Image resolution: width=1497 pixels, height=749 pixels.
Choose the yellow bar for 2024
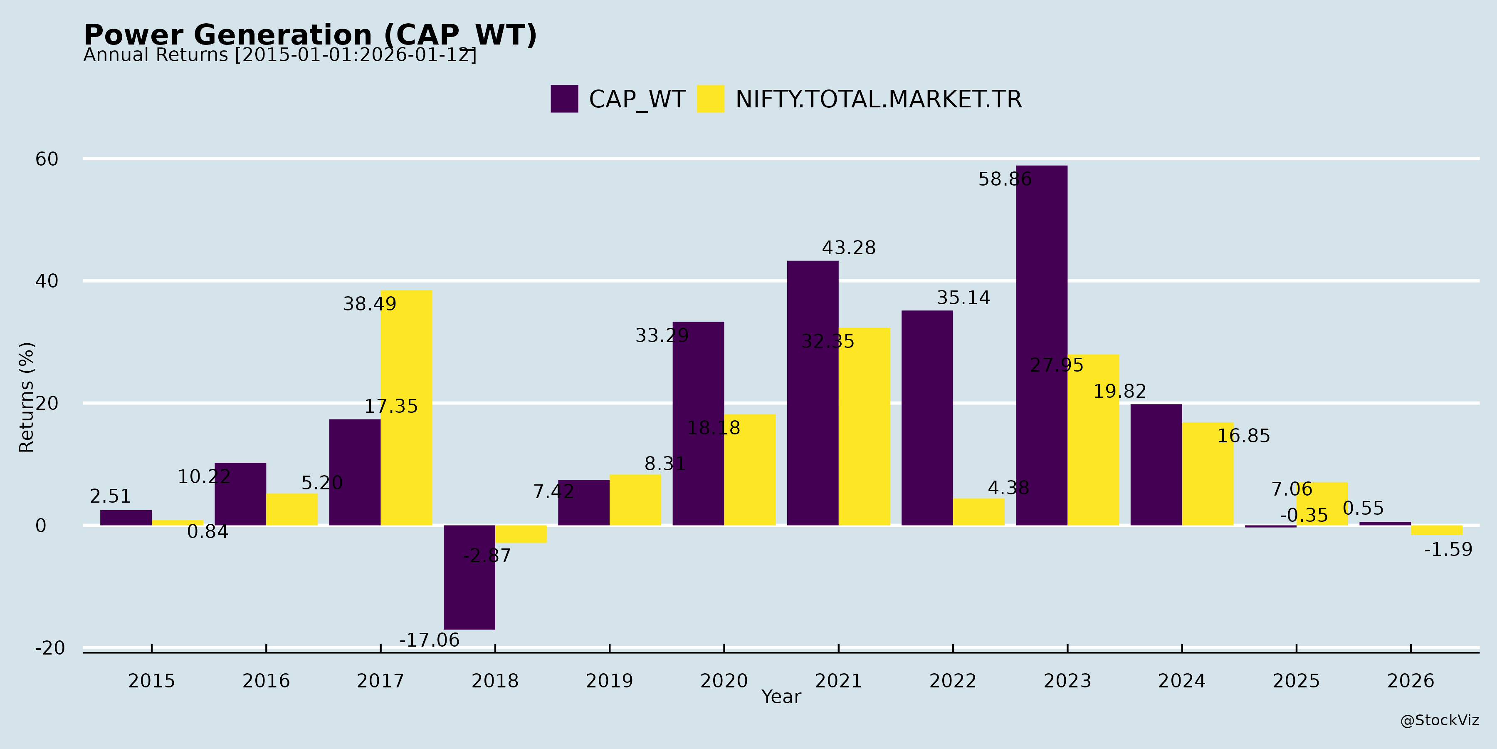1207,474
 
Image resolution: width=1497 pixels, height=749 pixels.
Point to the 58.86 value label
1005,179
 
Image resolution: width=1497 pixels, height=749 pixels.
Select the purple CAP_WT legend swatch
564,99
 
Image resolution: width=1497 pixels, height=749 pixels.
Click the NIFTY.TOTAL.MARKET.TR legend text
878,99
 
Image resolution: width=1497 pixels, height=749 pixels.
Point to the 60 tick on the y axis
47,159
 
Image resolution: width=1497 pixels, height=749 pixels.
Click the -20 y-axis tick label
50,648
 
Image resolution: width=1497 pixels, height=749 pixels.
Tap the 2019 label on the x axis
609,681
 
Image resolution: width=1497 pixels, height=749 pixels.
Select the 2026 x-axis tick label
1411,681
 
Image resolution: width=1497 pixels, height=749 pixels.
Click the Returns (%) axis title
27,397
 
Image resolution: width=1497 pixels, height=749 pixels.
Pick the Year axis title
781,697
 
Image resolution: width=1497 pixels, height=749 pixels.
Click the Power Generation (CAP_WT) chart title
310,35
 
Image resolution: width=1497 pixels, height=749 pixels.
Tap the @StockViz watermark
1439,721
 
